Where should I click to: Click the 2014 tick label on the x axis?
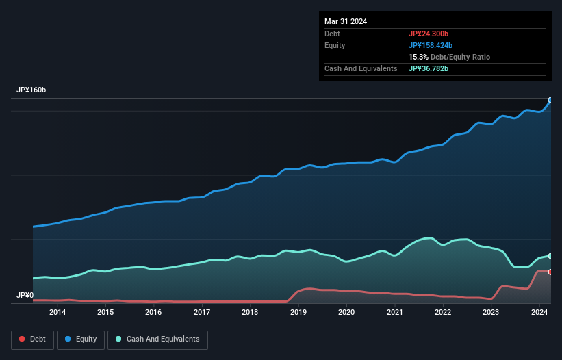click(x=58, y=313)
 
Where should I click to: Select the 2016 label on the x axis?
click(x=153, y=313)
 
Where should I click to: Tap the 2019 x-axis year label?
click(x=298, y=313)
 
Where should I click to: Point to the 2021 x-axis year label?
click(x=394, y=313)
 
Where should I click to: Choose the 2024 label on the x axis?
click(x=539, y=313)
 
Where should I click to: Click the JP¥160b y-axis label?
click(x=31, y=90)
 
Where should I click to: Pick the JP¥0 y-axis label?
click(x=25, y=296)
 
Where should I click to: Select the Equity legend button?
click(x=81, y=339)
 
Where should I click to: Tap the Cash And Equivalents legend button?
click(x=157, y=339)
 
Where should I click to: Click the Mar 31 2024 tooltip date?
click(x=346, y=21)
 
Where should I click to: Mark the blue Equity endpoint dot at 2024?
click(x=550, y=100)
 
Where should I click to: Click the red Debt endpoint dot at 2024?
click(x=550, y=272)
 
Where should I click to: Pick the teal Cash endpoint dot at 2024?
click(x=550, y=256)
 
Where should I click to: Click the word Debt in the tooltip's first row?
click(x=332, y=34)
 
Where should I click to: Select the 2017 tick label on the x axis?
click(x=202, y=313)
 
